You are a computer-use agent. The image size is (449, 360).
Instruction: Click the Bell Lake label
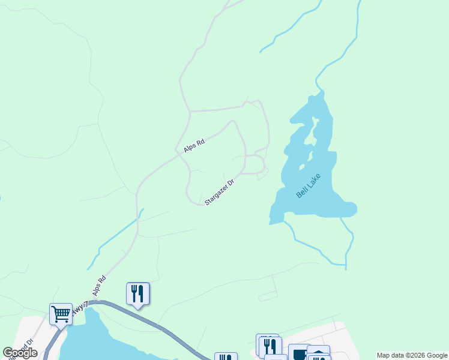[x=309, y=186]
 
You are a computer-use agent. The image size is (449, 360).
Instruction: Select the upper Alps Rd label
[x=194, y=145]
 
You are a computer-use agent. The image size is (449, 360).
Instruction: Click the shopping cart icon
[x=61, y=313]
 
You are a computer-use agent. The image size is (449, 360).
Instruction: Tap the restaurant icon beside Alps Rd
[x=137, y=293]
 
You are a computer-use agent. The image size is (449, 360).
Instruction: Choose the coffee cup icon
[x=299, y=353]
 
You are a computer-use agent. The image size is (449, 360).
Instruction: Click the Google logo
[x=20, y=353]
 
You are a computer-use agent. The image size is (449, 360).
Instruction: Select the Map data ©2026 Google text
[x=412, y=355]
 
